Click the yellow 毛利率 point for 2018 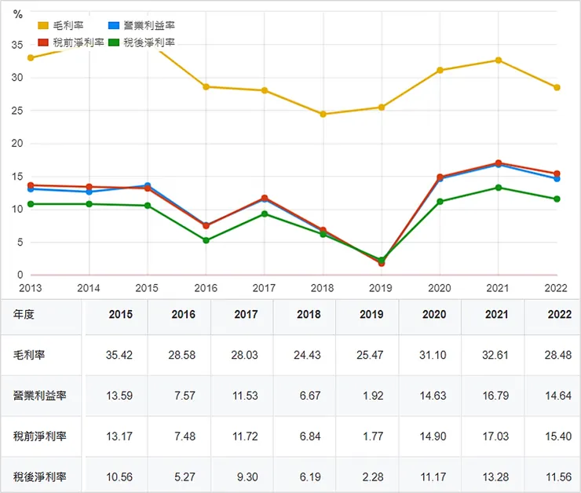pyautogui.click(x=323, y=114)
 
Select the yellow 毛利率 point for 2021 pyautogui.click(x=498, y=60)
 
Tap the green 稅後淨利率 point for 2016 pyautogui.click(x=206, y=240)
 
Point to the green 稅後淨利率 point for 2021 pyautogui.click(x=498, y=188)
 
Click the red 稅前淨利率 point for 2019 pyautogui.click(x=382, y=263)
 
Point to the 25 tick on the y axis pyautogui.click(x=17, y=111)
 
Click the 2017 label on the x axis pyautogui.click(x=264, y=288)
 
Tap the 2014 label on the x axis pyautogui.click(x=89, y=288)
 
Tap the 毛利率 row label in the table pyautogui.click(x=29, y=355)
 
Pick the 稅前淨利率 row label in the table pyautogui.click(x=39, y=436)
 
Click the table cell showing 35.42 pyautogui.click(x=119, y=355)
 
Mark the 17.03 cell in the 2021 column pyautogui.click(x=496, y=436)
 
